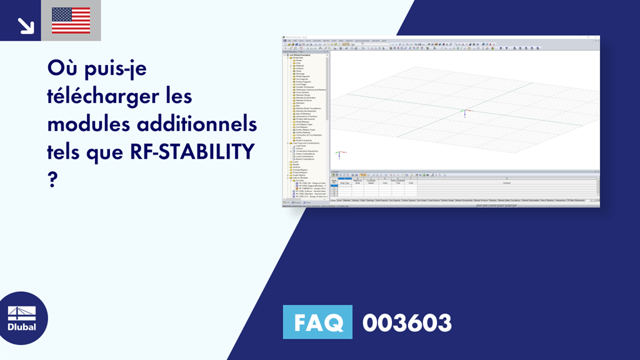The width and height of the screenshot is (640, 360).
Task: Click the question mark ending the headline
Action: tap(52, 179)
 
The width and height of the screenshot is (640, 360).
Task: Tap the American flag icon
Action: tap(71, 21)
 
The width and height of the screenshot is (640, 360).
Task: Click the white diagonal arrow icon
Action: tap(26, 26)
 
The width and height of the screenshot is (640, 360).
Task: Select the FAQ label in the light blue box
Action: tap(317, 322)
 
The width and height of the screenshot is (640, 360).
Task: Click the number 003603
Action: tap(407, 322)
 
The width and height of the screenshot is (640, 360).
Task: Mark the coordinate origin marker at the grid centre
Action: tap(463, 114)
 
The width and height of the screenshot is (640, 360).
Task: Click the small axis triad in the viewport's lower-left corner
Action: tap(338, 153)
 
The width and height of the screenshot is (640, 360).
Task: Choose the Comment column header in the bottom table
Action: tap(506, 183)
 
